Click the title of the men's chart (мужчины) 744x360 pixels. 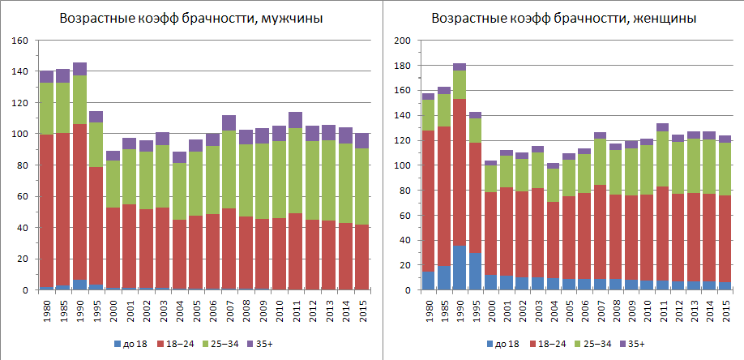186,19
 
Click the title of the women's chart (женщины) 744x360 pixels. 563,19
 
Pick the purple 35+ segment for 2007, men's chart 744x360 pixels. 229,122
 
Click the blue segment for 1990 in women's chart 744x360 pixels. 460,268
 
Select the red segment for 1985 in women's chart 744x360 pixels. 444,195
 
